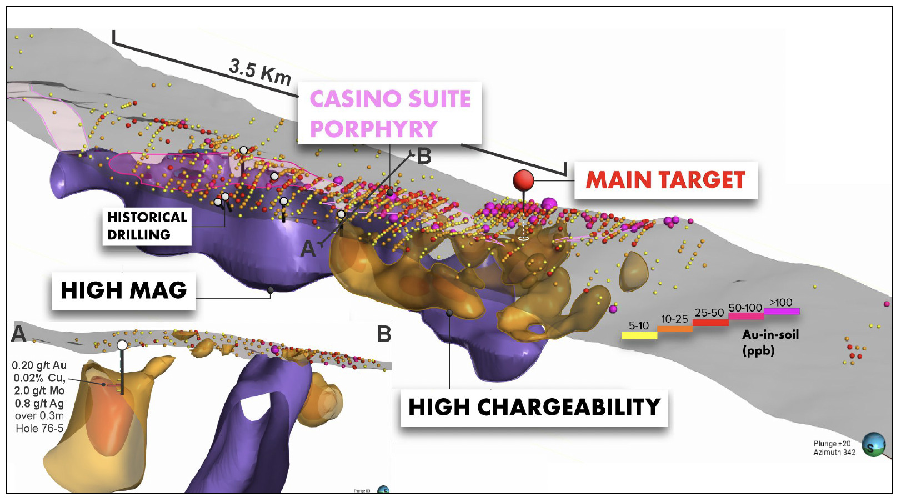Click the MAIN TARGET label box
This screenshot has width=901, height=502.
(x=665, y=180)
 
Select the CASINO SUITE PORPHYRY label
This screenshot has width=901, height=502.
(x=390, y=113)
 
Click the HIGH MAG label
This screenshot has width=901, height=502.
(x=124, y=290)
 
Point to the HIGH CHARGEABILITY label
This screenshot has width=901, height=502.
(x=534, y=408)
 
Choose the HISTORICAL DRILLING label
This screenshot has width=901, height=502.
(x=147, y=226)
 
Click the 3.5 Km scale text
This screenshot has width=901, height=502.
(x=260, y=73)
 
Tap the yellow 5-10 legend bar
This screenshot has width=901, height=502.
(x=639, y=335)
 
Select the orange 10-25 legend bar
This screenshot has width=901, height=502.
(x=675, y=329)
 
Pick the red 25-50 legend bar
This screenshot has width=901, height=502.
(x=710, y=322)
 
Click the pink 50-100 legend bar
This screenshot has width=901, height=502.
(x=746, y=316)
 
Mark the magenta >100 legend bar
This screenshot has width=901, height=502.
(x=782, y=311)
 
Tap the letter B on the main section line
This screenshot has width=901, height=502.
(x=424, y=156)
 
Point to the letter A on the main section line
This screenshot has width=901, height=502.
(x=308, y=249)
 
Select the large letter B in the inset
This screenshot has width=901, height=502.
(x=384, y=333)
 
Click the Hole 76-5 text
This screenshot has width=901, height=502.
(x=39, y=429)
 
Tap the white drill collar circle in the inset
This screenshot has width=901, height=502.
(x=122, y=345)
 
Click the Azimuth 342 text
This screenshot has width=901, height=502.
(x=834, y=452)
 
